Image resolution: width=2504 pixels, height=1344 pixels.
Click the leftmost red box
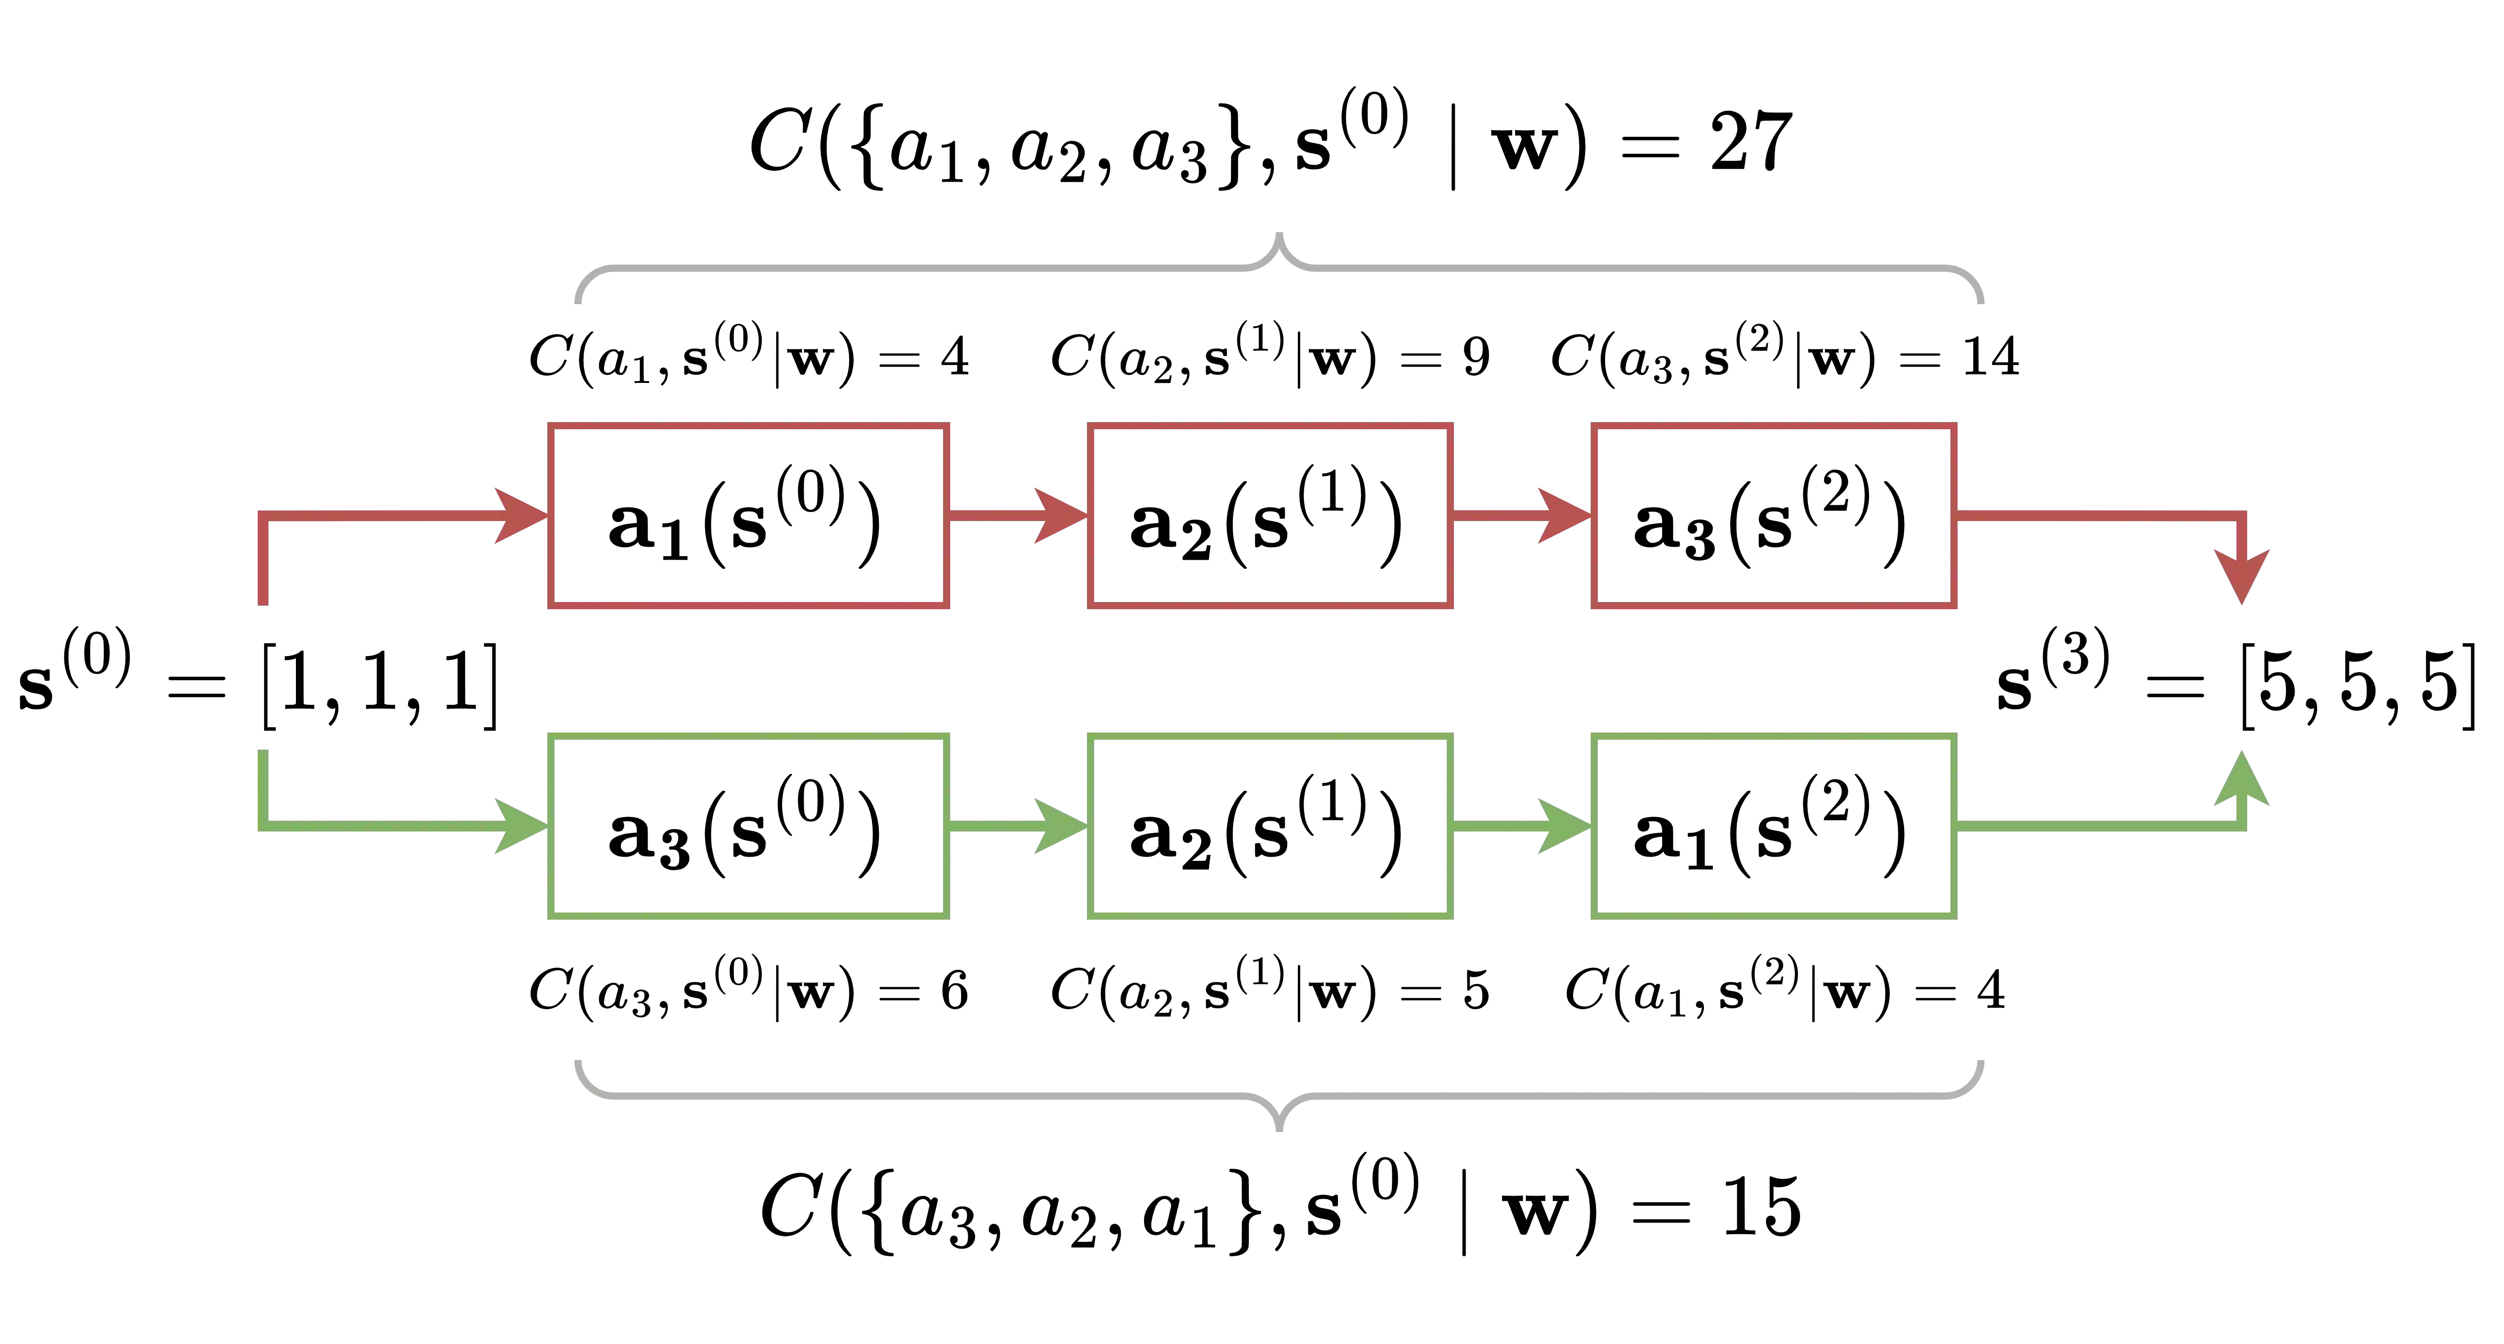coord(750,517)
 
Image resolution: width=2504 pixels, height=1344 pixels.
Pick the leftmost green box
coord(750,826)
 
